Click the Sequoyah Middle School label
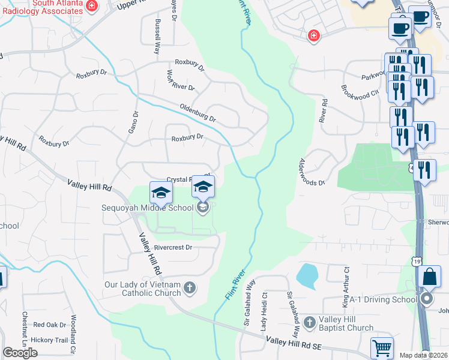click(148, 208)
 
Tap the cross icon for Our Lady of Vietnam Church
click(189, 288)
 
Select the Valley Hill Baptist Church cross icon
click(309, 323)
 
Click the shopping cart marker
click(382, 348)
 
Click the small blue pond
click(307, 275)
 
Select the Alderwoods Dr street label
click(312, 172)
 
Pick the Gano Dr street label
click(134, 123)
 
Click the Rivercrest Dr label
click(173, 247)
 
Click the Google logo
click(20, 352)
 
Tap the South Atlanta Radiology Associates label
click(41, 7)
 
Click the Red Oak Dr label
click(50, 325)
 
